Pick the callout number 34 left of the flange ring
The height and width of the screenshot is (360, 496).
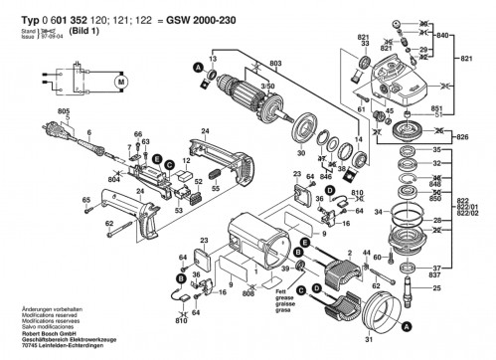[375, 212]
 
